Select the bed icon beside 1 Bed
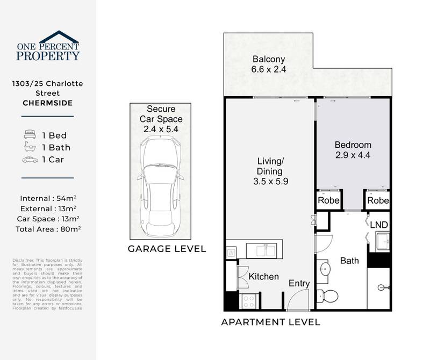point(29,135)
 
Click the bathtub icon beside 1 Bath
point(29,147)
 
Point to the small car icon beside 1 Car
point(29,160)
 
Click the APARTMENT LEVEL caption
point(271,322)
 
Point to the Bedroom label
point(353,145)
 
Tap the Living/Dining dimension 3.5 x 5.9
point(271,182)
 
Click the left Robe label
point(327,201)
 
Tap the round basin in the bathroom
point(326,269)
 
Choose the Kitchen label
point(263,276)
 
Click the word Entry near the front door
point(299,283)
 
